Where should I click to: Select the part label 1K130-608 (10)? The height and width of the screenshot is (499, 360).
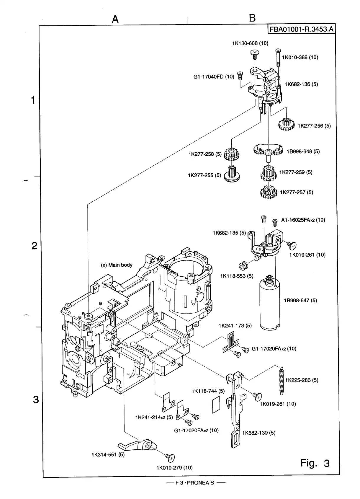click(250, 43)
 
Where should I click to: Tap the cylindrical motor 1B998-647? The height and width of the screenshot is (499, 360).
click(270, 304)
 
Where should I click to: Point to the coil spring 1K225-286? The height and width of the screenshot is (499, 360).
click(282, 381)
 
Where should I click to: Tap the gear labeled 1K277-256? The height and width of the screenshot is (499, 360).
click(286, 124)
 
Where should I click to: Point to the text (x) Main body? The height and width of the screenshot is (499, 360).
click(117, 265)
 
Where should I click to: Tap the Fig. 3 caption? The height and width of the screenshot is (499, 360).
click(315, 463)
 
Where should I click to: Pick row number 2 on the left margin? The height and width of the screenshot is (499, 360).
click(35, 246)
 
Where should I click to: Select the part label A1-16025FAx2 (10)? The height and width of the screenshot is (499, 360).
click(303, 220)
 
